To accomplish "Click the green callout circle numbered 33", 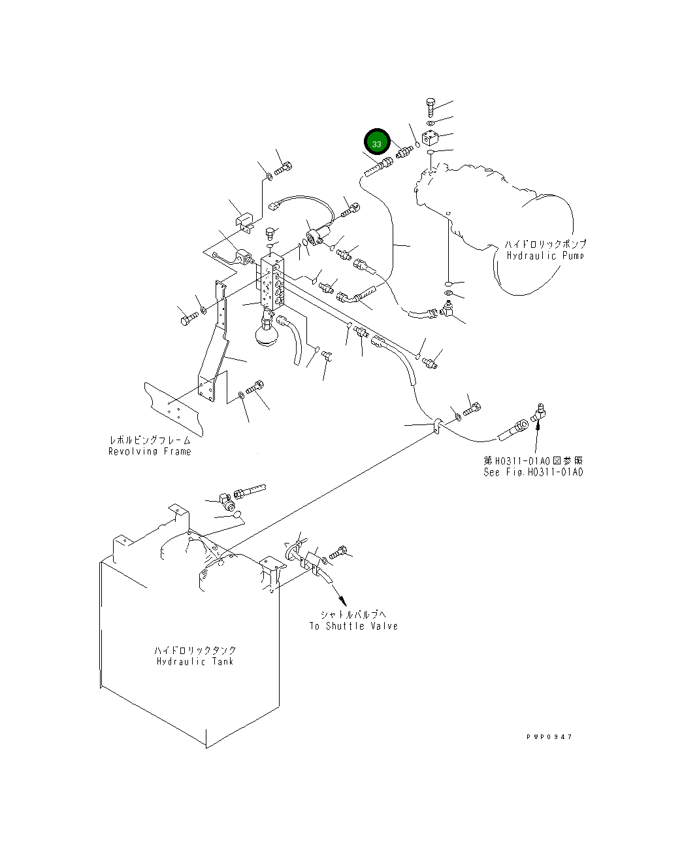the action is (376, 142).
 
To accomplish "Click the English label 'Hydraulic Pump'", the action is (545, 255).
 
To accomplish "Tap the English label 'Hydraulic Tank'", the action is (195, 661).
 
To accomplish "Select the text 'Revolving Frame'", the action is (150, 451).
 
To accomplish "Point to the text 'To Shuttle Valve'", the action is (353, 626).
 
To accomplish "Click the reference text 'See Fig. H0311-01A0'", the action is (533, 472).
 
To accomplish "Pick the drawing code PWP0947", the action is (549, 737).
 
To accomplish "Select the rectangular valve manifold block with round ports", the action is (272, 283).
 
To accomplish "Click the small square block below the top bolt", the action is (429, 137).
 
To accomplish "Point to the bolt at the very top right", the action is (431, 107).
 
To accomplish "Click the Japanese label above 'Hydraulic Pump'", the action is (545, 244).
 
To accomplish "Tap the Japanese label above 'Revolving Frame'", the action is (150, 440).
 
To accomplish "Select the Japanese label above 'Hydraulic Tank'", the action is (195, 650).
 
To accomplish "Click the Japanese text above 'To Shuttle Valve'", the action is (353, 615).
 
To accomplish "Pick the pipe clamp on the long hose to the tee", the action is (437, 425).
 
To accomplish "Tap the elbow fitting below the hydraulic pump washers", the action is (448, 309).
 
